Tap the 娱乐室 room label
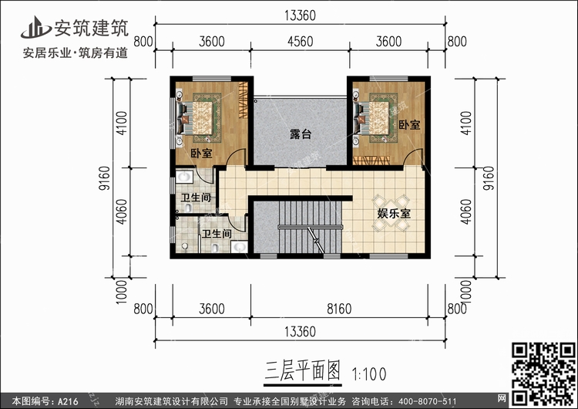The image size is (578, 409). click(393, 213)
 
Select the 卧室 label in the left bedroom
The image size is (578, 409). click(201, 154)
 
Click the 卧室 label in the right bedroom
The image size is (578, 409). click(409, 124)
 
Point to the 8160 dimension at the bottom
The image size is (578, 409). click(339, 309)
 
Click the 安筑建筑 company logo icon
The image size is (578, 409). click(36, 29)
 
